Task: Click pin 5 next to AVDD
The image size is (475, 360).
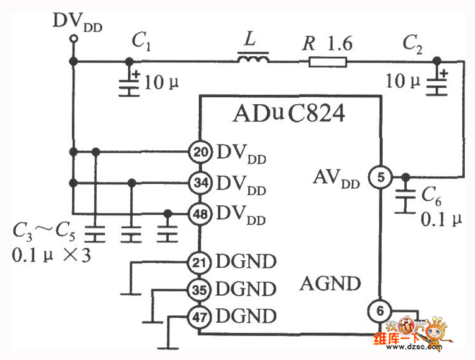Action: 380,177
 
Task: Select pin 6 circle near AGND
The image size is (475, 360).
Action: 380,311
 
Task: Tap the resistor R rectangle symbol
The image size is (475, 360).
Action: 328,61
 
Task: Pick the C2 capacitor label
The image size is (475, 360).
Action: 416,43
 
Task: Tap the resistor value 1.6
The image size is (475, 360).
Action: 340,43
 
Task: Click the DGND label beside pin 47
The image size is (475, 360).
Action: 246,315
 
